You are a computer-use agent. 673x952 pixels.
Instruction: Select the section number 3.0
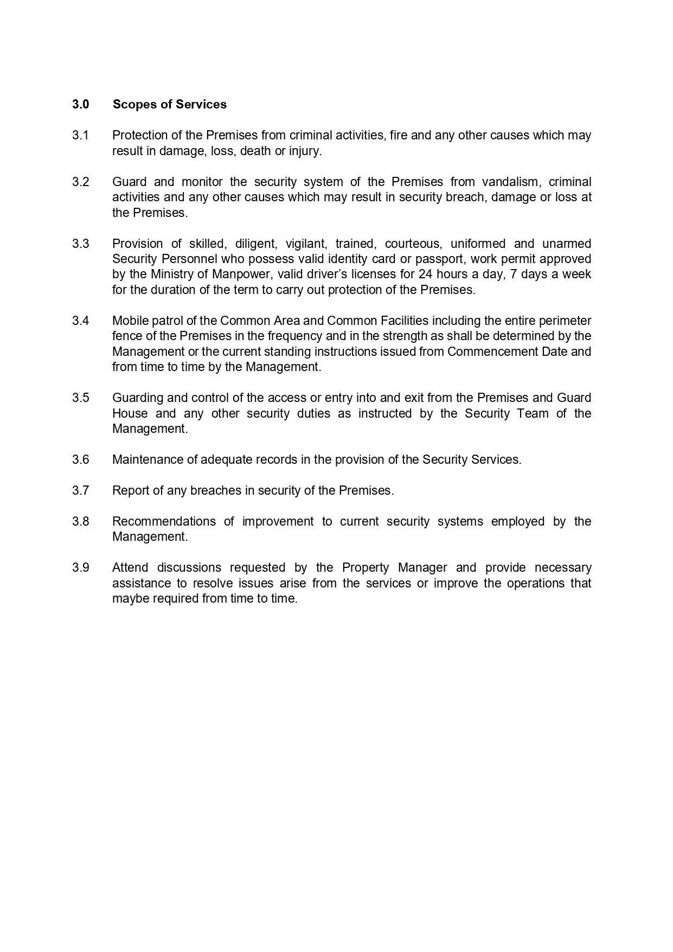coord(80,104)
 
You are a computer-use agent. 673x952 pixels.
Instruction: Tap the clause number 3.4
coord(80,321)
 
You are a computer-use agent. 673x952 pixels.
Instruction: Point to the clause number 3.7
coord(80,490)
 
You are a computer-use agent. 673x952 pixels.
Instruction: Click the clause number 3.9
coord(80,567)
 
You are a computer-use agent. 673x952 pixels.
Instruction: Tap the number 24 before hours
coord(426,274)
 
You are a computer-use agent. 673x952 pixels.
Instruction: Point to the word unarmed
coord(566,244)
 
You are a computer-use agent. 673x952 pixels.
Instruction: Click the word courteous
coord(413,244)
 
